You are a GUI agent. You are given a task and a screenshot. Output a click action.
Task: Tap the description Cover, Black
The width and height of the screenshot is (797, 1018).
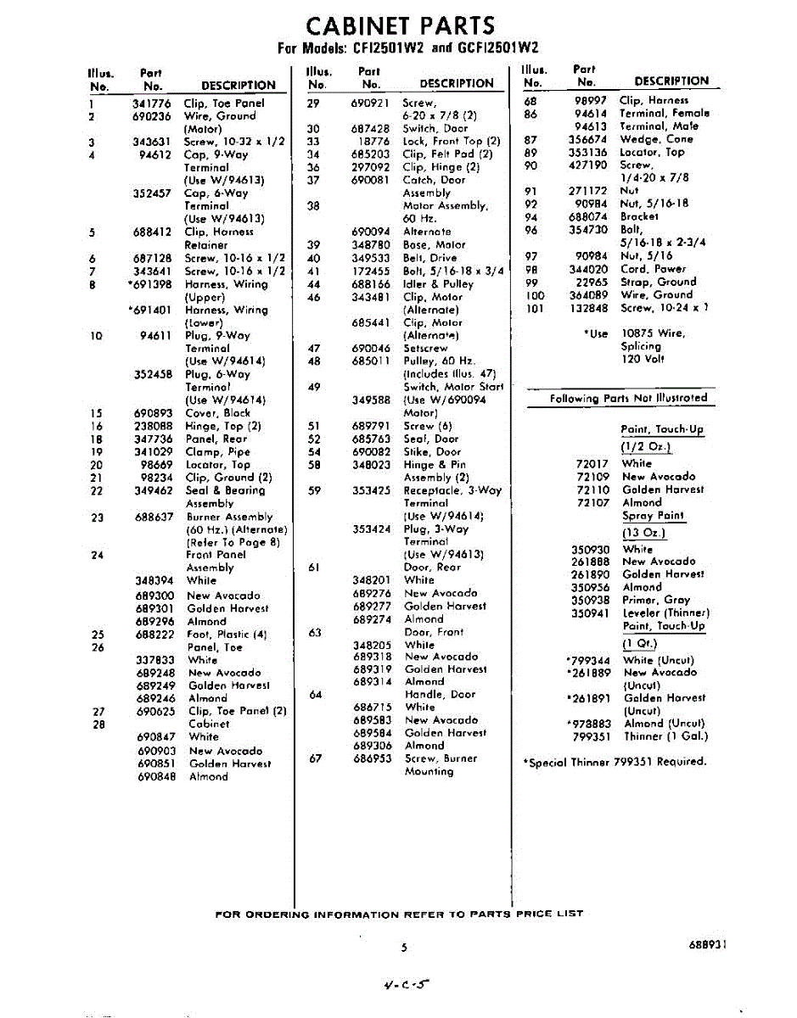tap(218, 413)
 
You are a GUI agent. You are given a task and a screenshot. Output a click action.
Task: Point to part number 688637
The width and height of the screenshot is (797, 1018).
tap(154, 517)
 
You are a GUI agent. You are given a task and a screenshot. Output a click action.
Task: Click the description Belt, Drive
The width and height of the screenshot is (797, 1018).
tap(429, 258)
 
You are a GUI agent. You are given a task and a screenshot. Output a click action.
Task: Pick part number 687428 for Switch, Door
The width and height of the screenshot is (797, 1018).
tap(370, 128)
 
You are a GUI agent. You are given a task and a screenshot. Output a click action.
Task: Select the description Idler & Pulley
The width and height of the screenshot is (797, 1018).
tap(439, 284)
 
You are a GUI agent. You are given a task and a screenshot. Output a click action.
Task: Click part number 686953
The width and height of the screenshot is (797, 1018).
tap(372, 758)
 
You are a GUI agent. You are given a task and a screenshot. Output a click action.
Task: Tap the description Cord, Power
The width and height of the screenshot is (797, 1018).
tap(653, 269)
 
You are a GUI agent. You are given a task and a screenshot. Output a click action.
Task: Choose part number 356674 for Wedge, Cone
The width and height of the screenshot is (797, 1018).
tap(588, 139)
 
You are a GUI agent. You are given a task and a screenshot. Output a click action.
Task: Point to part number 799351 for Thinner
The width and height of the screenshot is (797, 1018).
tap(591, 736)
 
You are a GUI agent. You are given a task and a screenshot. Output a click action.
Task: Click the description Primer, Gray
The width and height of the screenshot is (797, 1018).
tap(656, 600)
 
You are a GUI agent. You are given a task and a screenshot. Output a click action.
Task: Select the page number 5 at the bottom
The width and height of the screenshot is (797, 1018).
tap(405, 948)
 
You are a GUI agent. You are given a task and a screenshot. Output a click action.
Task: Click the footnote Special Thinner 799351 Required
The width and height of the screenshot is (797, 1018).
tap(615, 762)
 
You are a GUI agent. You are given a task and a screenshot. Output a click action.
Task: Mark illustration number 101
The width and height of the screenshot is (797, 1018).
tap(534, 308)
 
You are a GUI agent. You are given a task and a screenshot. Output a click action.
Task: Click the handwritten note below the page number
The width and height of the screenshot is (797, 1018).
tap(407, 984)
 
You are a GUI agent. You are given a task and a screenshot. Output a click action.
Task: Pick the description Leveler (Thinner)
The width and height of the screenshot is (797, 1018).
tap(665, 612)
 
